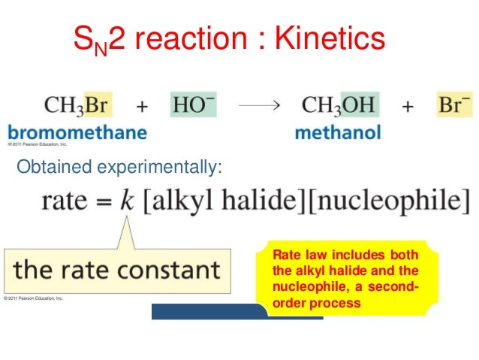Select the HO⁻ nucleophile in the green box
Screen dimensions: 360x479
click(193, 104)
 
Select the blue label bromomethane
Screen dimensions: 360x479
click(77, 132)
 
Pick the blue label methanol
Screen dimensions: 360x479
click(338, 133)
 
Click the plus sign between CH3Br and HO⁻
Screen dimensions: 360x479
click(141, 106)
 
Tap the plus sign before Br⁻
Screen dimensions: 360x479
click(408, 106)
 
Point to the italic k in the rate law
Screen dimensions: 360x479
click(125, 201)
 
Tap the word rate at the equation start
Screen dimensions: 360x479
click(66, 201)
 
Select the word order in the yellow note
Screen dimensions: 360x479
click(287, 304)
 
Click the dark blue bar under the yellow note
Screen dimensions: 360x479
click(206, 312)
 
